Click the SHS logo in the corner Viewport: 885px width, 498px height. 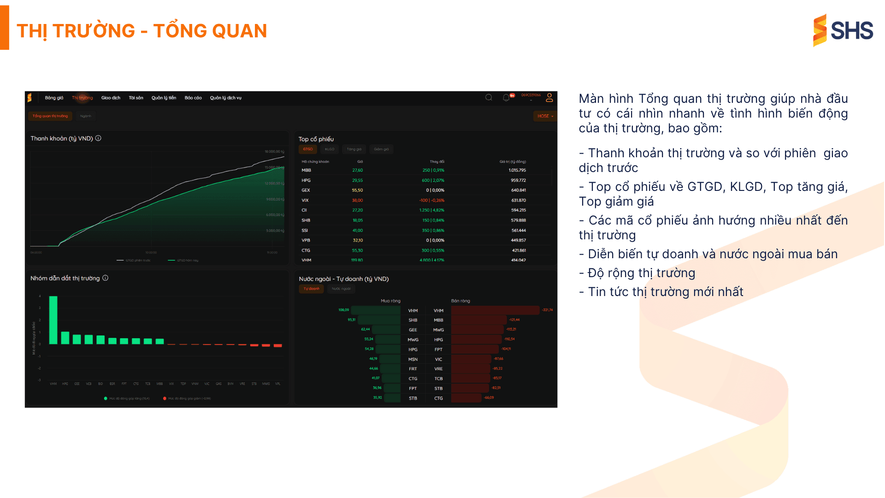(843, 30)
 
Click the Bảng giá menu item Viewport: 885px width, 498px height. (54, 98)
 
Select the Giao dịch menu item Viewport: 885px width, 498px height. (111, 98)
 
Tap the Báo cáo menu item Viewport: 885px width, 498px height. (193, 98)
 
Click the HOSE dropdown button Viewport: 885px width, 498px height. (545, 116)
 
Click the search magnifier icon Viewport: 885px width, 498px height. (489, 97)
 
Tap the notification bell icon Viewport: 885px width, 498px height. (506, 98)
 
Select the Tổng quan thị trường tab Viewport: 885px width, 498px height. (50, 116)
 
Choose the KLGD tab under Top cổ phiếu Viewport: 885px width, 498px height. (330, 149)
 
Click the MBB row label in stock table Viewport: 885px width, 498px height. (307, 170)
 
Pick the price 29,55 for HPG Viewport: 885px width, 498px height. (357, 180)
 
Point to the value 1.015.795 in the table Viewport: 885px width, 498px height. (517, 170)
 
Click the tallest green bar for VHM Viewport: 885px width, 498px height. (53, 320)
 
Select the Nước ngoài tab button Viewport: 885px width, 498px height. (341, 289)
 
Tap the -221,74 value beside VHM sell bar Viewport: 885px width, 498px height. (547, 310)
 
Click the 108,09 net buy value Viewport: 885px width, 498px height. (343, 310)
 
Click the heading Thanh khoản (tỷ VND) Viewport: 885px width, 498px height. (62, 138)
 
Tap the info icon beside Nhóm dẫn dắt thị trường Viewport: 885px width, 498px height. (106, 278)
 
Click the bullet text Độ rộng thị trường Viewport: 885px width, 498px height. (641, 273)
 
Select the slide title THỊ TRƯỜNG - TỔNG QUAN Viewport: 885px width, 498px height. (142, 31)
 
